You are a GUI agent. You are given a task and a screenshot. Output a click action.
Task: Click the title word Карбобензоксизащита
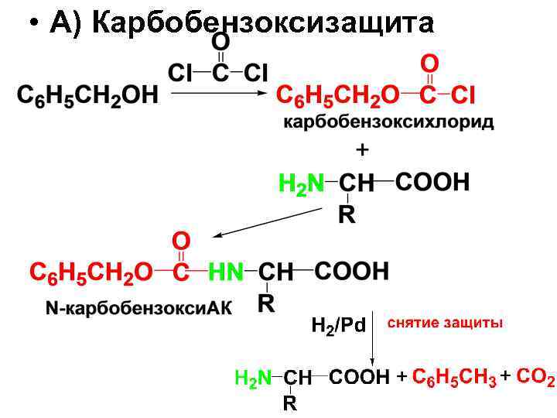(x=263, y=24)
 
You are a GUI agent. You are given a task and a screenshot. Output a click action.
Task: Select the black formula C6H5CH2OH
(x=87, y=96)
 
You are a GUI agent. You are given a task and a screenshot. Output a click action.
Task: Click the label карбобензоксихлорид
(x=388, y=122)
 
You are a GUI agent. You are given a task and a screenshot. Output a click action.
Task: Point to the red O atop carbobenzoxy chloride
(x=429, y=62)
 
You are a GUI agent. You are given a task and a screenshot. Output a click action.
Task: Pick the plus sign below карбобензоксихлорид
(x=362, y=148)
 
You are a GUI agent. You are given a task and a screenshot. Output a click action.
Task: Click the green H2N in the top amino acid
(x=301, y=185)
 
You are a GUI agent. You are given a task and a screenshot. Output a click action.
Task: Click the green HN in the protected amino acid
(x=226, y=272)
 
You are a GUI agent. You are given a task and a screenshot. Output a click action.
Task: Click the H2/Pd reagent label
(x=338, y=325)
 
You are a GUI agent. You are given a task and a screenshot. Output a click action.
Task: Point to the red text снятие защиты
(x=445, y=322)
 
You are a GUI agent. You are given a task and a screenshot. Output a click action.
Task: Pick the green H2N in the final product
(x=253, y=378)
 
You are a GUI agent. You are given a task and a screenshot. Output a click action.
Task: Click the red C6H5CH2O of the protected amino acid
(x=91, y=272)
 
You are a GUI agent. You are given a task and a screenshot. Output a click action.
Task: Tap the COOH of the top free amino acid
(x=432, y=183)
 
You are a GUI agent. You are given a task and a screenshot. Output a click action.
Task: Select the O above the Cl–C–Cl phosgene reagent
(x=220, y=40)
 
